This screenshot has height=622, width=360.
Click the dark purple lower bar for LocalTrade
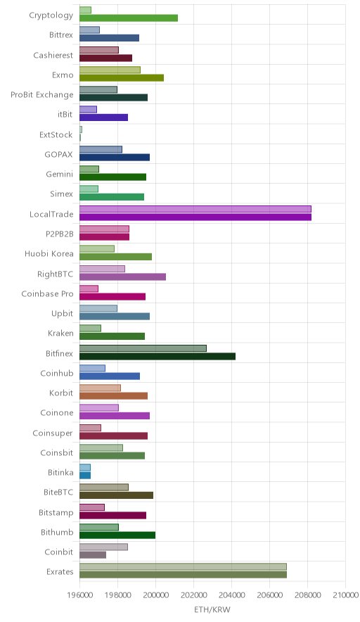(195, 217)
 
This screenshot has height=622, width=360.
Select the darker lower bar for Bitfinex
(157, 356)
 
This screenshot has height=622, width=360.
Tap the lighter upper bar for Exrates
(184, 566)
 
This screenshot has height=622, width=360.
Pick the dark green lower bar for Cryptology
(129, 18)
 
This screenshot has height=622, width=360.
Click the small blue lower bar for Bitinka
(85, 476)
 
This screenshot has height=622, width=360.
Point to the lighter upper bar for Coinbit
(103, 547)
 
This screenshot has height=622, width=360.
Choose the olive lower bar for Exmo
(122, 77)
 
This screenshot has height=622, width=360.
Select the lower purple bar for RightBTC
(122, 277)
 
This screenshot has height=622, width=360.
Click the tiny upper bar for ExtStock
(81, 129)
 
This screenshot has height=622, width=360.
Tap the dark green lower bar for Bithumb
(117, 535)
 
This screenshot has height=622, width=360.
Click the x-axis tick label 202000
(193, 595)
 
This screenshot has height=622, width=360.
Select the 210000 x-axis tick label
(345, 595)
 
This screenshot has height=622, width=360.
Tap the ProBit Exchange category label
(42, 95)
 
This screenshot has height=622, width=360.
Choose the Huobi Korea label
(49, 253)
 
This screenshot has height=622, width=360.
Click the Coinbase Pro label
(48, 293)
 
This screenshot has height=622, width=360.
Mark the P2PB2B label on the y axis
(60, 234)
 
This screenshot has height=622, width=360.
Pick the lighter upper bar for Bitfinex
(143, 348)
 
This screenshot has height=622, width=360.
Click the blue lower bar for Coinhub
(110, 376)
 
